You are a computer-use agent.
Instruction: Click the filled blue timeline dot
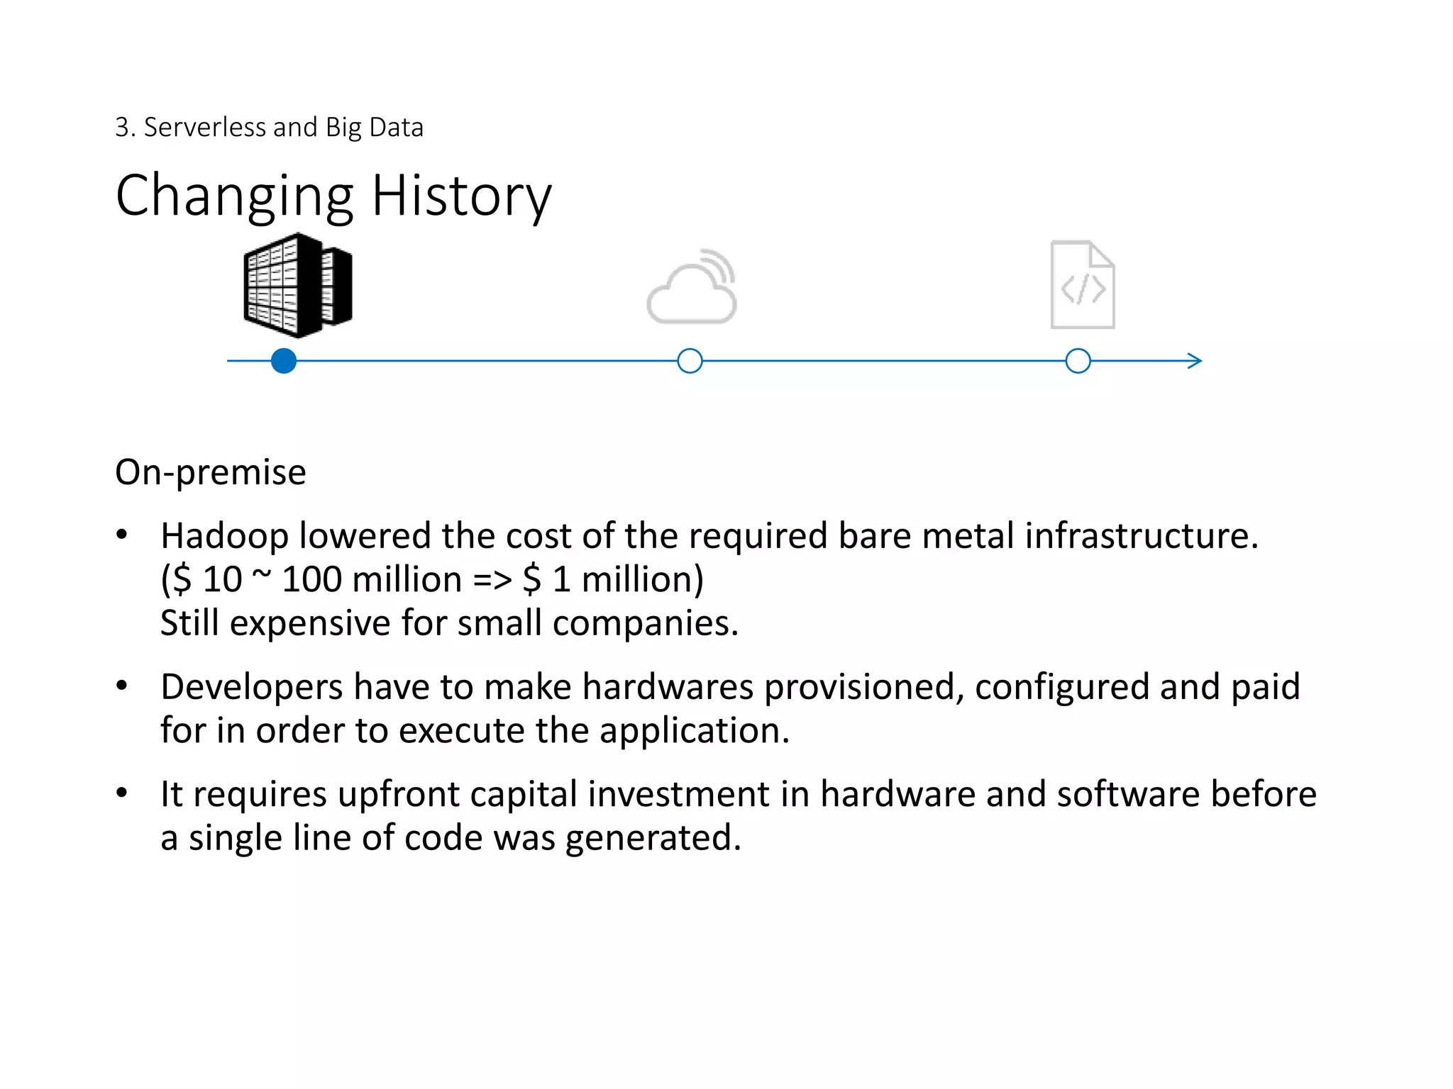[284, 361]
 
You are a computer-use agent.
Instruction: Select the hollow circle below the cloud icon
[690, 361]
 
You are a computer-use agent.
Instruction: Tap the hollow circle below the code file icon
[1078, 361]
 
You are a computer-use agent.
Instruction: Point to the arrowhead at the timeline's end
[1195, 361]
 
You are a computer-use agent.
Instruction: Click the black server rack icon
[298, 285]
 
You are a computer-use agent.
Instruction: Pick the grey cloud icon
[692, 287]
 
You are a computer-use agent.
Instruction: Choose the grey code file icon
[1083, 285]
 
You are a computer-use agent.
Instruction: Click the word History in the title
[461, 196]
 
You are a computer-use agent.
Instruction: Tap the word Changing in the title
[234, 196]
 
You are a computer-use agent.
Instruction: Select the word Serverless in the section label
[205, 128]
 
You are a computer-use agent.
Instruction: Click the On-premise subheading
[211, 472]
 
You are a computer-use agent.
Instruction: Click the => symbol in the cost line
[492, 580]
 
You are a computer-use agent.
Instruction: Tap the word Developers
[252, 688]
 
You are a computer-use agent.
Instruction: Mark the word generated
[653, 838]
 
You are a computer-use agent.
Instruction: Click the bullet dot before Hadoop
[122, 535]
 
